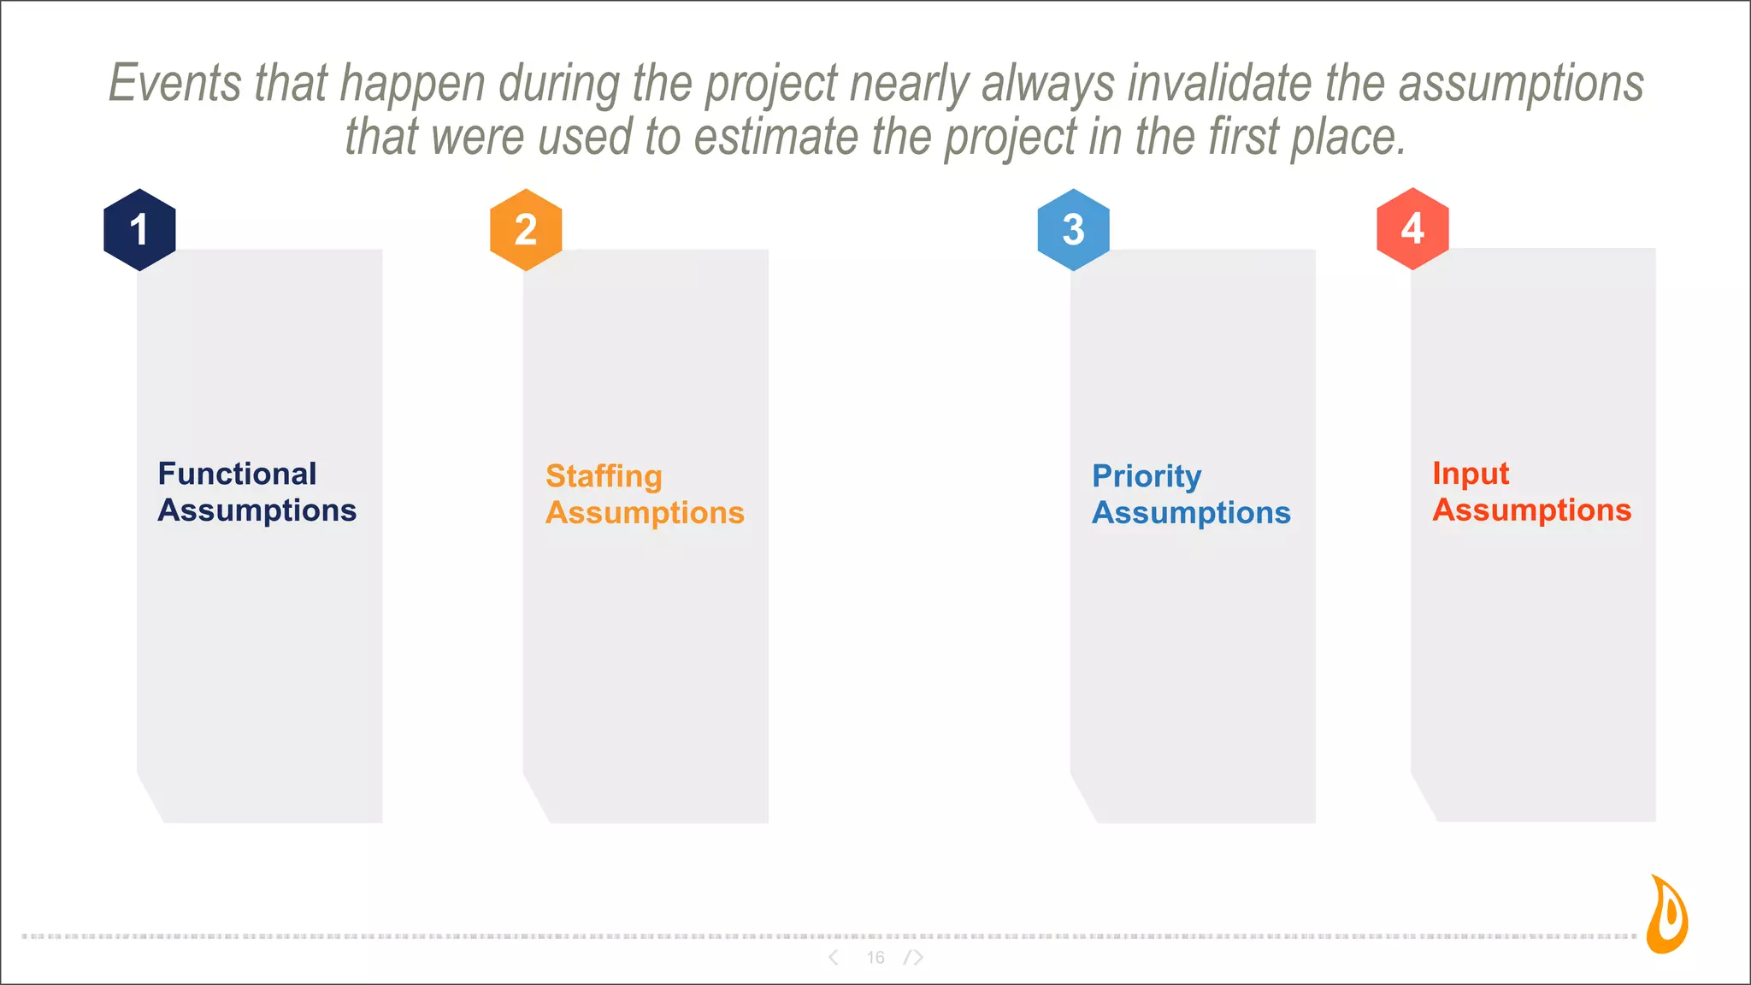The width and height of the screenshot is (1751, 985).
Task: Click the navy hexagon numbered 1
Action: (x=139, y=229)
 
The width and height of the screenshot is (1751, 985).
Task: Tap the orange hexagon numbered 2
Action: (x=526, y=229)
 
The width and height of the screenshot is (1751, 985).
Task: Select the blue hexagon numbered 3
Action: (x=1073, y=229)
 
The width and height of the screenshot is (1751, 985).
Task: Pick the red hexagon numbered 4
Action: (x=1412, y=228)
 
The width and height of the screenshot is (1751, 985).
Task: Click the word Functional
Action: (x=237, y=474)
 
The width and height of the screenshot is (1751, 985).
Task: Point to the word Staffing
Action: (x=604, y=476)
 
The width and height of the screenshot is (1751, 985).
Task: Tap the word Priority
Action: (x=1147, y=476)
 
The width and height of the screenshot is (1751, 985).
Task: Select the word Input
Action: (x=1471, y=474)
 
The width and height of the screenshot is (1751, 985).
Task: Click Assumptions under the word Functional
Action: (x=257, y=510)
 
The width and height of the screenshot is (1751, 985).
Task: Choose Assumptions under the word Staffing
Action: (x=645, y=513)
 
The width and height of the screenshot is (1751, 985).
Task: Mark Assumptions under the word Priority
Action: (x=1191, y=513)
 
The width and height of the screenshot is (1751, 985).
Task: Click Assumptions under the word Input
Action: (x=1532, y=510)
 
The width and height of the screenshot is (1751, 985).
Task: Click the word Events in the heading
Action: (x=175, y=83)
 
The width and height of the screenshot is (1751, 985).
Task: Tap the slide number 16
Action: (x=875, y=958)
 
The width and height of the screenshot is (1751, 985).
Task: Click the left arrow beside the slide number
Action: (x=834, y=958)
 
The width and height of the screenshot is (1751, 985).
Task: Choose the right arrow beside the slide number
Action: (x=916, y=958)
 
